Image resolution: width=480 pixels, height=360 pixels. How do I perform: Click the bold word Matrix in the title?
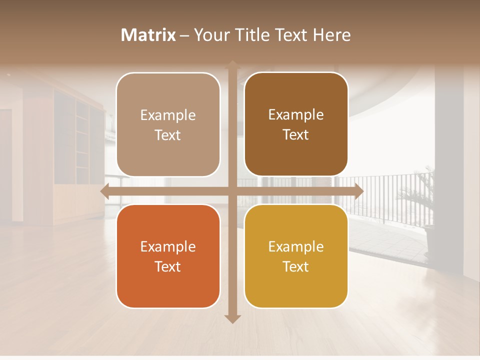(148, 35)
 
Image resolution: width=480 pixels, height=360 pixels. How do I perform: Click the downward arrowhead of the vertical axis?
(232, 318)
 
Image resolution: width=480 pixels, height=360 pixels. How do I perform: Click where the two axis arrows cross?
(232, 191)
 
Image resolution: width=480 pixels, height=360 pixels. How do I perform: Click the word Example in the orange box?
(168, 247)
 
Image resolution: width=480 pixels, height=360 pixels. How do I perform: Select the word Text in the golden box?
(296, 267)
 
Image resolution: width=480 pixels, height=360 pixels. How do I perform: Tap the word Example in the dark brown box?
(296, 115)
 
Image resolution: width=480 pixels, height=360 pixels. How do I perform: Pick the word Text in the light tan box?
(168, 135)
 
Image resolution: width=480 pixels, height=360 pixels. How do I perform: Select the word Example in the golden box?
(296, 247)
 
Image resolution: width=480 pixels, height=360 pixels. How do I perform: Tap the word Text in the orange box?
(168, 267)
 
